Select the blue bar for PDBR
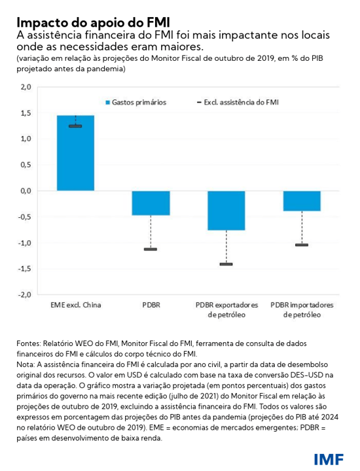[x=151, y=203]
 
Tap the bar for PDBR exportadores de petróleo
[x=226, y=210]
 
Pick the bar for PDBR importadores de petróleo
[x=302, y=201]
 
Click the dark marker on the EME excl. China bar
[x=75, y=126]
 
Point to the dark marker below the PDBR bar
[x=151, y=249]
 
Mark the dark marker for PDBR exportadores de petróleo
[x=226, y=264]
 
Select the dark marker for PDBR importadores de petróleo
[x=302, y=245]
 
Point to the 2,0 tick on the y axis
[x=25, y=87]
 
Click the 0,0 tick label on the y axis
[x=25, y=191]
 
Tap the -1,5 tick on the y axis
[x=24, y=269]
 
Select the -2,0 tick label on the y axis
[x=24, y=295]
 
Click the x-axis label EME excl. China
[x=75, y=305]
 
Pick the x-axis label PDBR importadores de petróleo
[x=302, y=310]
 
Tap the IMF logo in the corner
[x=328, y=458]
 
